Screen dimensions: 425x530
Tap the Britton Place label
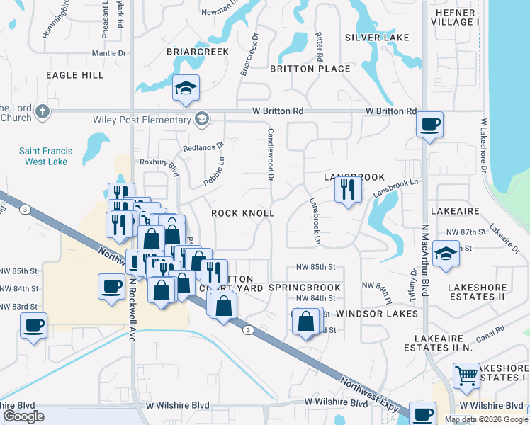tap(310, 69)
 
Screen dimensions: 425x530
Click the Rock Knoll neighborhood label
tap(242, 212)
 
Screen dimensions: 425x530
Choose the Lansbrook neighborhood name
tap(354, 176)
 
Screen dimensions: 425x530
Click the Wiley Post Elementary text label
tap(141, 118)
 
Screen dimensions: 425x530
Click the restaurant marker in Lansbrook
tap(347, 189)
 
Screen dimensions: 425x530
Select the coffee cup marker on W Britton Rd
tap(429, 125)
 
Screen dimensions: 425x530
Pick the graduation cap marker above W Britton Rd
tap(186, 88)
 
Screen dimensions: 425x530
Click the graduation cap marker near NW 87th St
tap(446, 254)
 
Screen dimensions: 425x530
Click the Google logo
tap(24, 416)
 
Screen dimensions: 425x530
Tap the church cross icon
tap(43, 112)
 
